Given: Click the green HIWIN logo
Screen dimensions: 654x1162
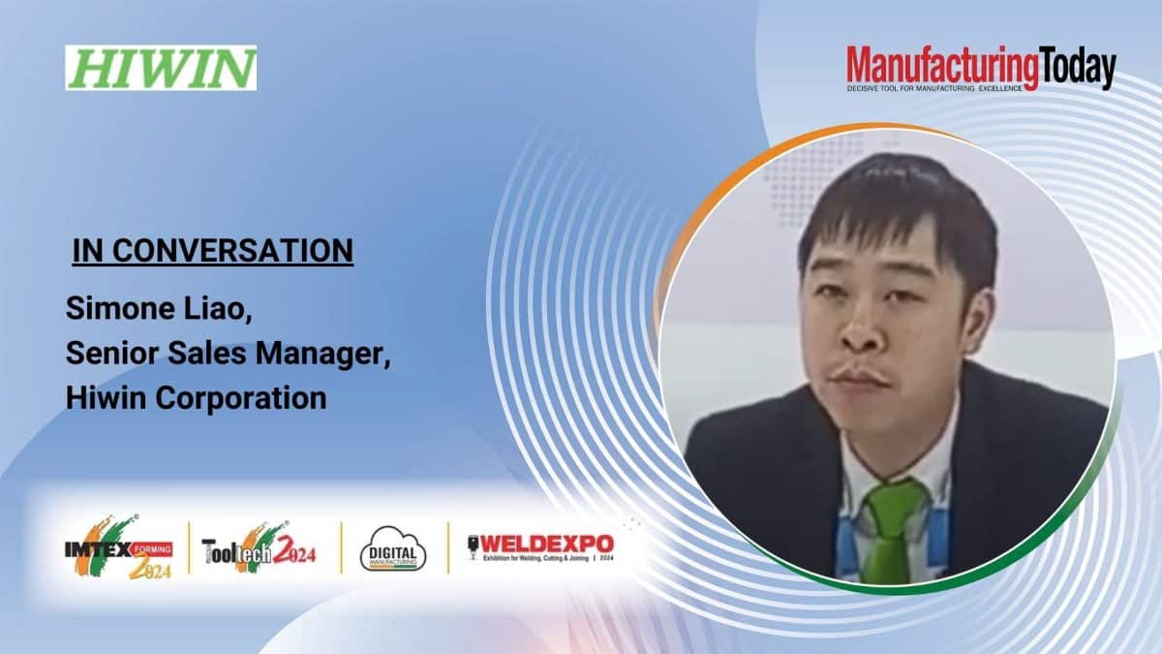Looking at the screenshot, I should (x=161, y=68).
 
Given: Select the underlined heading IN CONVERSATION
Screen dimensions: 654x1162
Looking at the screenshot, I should (x=213, y=251).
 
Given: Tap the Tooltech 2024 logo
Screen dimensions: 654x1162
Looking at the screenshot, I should (x=259, y=549).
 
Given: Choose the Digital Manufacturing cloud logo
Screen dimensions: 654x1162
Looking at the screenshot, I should (x=393, y=547).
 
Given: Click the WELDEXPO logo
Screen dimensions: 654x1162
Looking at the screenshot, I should (x=540, y=548).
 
